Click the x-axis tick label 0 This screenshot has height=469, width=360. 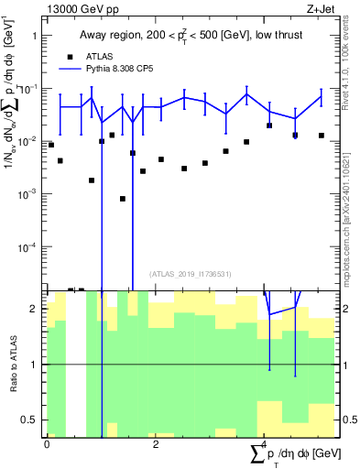[x=47, y=444]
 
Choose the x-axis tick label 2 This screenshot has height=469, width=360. [x=156, y=444]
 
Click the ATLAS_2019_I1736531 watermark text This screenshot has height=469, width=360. [x=191, y=274]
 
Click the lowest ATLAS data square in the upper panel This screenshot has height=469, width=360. [x=123, y=199]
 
